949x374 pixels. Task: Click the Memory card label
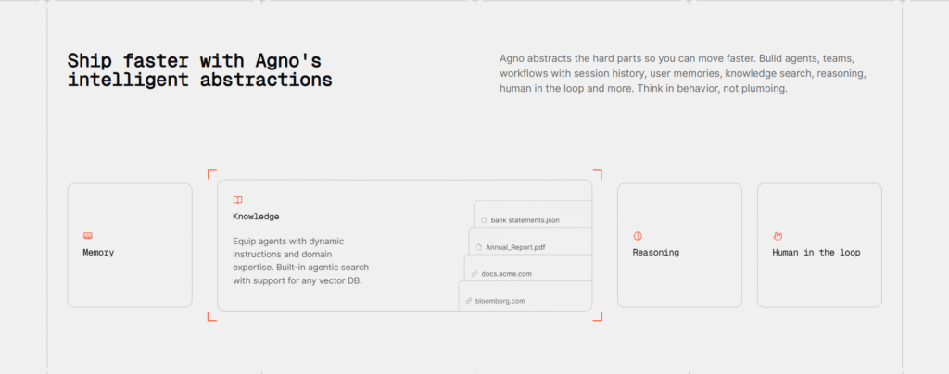98,253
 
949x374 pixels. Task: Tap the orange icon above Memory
88,236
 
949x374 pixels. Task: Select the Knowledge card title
256,217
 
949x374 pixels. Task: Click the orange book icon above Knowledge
237,200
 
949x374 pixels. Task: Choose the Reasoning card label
655,253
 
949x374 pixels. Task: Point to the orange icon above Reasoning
638,236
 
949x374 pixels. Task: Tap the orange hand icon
778,236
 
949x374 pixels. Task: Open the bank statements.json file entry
525,220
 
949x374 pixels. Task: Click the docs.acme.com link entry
506,274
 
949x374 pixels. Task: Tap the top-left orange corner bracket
210,173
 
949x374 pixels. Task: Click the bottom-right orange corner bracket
599,318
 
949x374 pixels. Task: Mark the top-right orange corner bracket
599,173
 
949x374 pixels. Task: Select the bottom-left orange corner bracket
210,318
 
